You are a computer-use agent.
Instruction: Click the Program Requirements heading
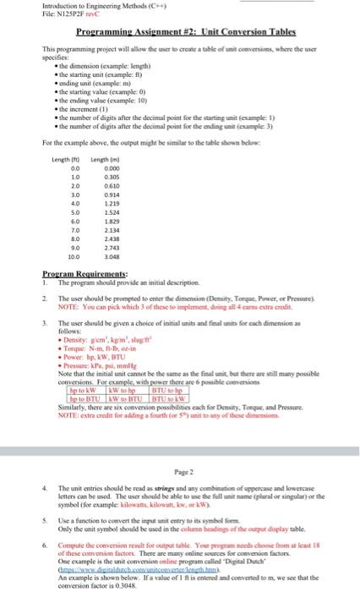coord(85,274)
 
